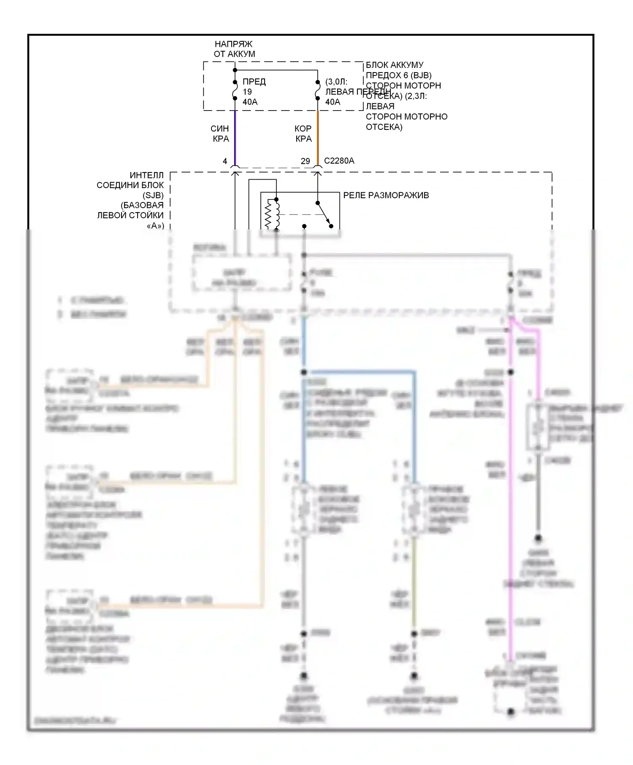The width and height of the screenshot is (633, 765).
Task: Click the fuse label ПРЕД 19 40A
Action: (254, 92)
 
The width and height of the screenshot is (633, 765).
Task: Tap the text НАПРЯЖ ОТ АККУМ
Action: (234, 49)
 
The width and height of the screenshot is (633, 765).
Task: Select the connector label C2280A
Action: (339, 161)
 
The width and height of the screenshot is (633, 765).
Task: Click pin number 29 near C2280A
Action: (305, 161)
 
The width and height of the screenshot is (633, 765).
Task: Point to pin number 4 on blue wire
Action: (225, 161)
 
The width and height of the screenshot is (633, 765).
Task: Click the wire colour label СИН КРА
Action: (220, 134)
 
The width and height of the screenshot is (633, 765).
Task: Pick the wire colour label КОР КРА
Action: (303, 134)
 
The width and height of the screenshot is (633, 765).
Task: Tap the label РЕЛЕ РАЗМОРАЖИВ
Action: (386, 195)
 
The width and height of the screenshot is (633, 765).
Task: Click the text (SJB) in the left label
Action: (153, 195)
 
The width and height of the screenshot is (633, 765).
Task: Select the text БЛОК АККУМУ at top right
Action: (394, 65)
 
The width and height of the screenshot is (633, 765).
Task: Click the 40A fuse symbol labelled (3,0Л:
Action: (318, 91)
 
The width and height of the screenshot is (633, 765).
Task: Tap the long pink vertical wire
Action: (510, 506)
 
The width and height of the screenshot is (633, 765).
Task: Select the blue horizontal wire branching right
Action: (359, 372)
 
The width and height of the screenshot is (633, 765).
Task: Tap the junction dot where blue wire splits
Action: (304, 372)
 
